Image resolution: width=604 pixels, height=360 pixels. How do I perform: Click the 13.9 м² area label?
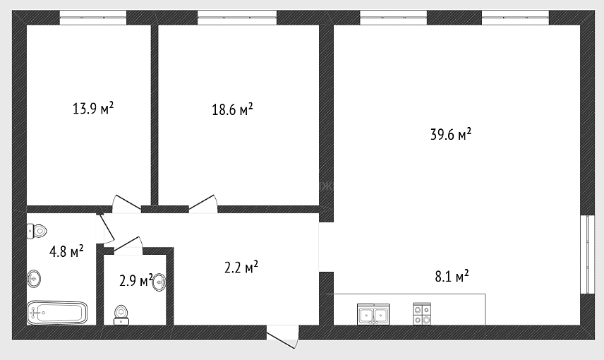tap(93, 108)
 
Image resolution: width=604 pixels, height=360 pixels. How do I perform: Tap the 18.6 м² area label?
tap(232, 109)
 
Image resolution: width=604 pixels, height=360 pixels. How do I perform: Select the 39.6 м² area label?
tap(451, 134)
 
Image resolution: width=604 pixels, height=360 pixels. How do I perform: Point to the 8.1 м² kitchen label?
tap(452, 276)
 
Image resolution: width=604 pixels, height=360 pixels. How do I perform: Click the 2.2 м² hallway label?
tap(241, 267)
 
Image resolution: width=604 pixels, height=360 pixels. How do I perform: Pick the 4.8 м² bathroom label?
tap(66, 252)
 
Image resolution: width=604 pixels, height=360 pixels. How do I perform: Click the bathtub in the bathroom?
tap(57, 312)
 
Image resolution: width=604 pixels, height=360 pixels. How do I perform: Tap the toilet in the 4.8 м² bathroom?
tap(37, 232)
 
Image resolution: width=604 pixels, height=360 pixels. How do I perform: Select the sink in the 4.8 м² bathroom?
tap(34, 278)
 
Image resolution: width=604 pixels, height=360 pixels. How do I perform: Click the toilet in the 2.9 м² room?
tap(121, 315)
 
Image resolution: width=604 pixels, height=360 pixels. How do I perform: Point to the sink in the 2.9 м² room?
tap(160, 282)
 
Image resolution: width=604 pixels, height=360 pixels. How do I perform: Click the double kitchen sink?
tap(373, 314)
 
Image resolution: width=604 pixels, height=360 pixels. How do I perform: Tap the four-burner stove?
tap(422, 313)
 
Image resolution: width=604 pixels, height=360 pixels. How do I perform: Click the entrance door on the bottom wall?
tap(283, 336)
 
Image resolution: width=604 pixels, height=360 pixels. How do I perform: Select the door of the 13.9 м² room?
tap(127, 204)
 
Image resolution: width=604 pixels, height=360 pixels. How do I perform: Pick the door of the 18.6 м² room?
tap(203, 204)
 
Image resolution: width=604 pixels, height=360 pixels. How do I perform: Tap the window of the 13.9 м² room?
tap(93, 18)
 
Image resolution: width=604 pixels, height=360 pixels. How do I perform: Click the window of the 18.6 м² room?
tap(237, 18)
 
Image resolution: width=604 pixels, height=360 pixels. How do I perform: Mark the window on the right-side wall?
tap(588, 254)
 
